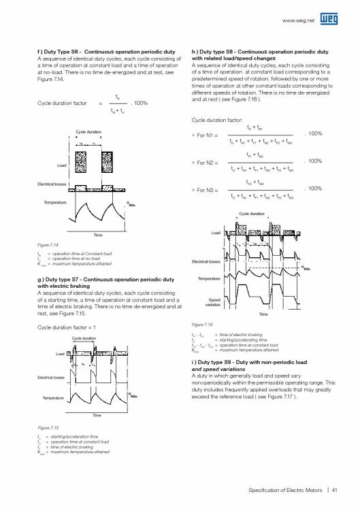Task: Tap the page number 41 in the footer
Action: point(336,486)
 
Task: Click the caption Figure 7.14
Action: point(48,243)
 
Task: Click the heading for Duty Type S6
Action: point(103,52)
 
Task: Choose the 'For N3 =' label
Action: point(207,191)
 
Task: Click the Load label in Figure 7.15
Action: point(59,355)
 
